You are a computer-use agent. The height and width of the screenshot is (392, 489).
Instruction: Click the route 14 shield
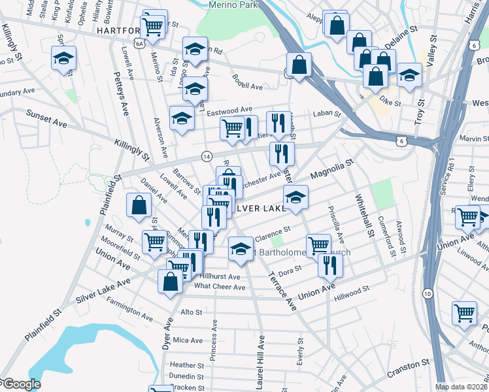pos(207,156)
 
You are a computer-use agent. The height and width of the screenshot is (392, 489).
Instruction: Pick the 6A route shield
pos(139,43)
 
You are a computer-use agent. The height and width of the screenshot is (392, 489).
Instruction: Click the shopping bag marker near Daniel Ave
pos(139,205)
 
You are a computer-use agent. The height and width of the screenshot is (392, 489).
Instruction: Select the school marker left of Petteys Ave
pos(63,59)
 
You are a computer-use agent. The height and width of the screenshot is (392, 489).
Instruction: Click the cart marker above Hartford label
pos(154,26)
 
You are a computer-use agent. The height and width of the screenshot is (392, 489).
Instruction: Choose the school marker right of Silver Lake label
pos(295,197)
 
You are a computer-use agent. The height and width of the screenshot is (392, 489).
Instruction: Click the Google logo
pos(21,384)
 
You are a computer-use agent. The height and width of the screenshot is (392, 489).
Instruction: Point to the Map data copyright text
pos(462,387)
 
